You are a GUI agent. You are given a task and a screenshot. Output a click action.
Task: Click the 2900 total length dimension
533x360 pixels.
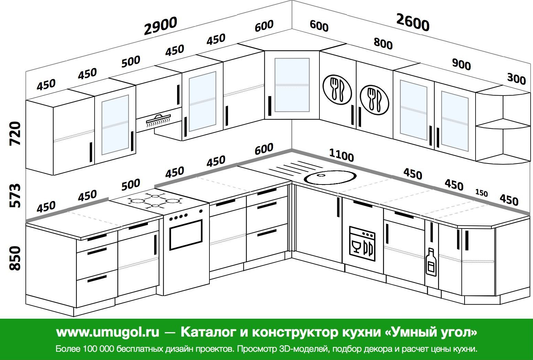click(x=161, y=26)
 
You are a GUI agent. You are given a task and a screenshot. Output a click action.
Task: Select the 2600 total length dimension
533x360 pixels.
click(x=413, y=23)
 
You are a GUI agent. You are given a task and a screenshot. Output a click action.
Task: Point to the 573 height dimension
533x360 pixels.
click(x=15, y=195)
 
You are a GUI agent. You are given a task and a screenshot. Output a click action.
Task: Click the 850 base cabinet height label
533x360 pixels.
click(x=15, y=258)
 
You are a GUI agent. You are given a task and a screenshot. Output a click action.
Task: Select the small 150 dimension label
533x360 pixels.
click(x=481, y=193)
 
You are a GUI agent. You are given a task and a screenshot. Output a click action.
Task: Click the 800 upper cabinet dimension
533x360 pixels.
click(x=383, y=44)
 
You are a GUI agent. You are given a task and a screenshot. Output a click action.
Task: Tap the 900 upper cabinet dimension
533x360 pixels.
click(x=461, y=64)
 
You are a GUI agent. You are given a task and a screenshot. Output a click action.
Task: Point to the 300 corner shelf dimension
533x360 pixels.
click(x=516, y=79)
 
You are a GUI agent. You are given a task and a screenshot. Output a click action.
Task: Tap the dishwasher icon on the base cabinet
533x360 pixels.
click(x=362, y=244)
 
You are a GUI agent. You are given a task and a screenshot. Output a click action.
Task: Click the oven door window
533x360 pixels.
click(x=186, y=235)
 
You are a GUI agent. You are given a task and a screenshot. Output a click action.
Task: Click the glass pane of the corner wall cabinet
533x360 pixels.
click(x=292, y=85)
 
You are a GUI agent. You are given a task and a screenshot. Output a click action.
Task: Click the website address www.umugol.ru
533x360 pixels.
click(x=108, y=332)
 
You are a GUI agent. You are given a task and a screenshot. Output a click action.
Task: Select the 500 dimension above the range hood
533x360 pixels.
click(x=131, y=61)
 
